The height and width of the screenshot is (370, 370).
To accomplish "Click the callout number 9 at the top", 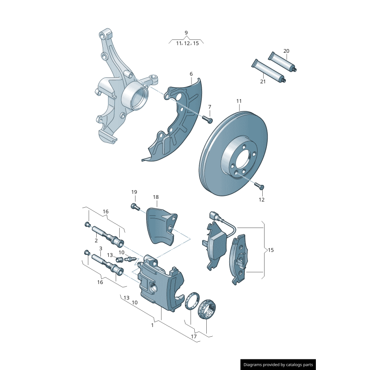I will tap(186, 32).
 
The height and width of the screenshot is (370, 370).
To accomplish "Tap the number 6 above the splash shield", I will tap(191, 74).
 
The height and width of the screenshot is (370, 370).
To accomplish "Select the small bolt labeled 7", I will tap(207, 119).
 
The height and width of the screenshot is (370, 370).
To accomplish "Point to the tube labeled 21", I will tap(268, 71).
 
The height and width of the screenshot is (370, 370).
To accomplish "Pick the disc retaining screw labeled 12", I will tap(259, 186).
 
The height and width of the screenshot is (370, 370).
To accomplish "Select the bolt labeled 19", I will tap(135, 206).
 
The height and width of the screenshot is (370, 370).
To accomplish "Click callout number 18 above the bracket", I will tap(156, 197).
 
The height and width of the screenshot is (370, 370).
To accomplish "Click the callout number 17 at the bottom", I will tap(194, 336).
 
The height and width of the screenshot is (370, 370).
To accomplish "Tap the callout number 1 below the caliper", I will tap(152, 325).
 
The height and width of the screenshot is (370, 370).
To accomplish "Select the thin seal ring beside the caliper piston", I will tap(191, 301).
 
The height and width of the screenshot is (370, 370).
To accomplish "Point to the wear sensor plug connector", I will tap(213, 215).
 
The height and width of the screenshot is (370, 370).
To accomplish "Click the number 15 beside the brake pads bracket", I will tap(271, 250).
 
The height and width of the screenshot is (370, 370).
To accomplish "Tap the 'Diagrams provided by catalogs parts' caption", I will tap(278, 365).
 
